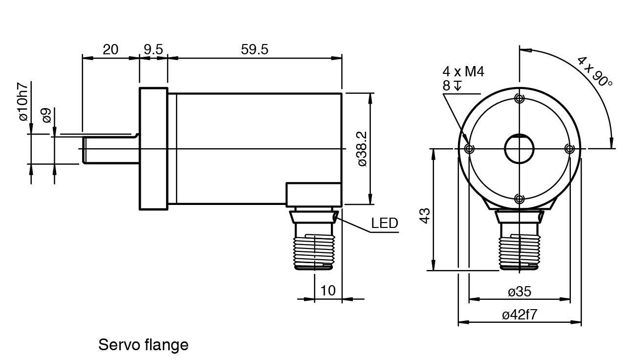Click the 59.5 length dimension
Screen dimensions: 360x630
(x=255, y=49)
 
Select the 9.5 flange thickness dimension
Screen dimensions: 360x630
(x=153, y=49)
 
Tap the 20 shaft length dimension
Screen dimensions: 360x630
(x=110, y=49)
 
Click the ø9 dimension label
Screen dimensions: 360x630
(x=46, y=116)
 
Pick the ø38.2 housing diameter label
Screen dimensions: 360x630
(x=362, y=149)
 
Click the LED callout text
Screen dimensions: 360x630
(x=385, y=224)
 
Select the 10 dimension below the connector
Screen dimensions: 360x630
(x=328, y=291)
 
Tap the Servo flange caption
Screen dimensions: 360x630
(x=143, y=345)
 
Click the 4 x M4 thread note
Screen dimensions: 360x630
(x=463, y=72)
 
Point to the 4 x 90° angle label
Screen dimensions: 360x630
(x=595, y=71)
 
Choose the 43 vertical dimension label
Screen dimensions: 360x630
(x=425, y=216)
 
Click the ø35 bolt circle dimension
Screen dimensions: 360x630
(x=519, y=292)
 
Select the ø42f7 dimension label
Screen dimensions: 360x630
(x=519, y=315)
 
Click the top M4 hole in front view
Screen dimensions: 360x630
(x=520, y=99)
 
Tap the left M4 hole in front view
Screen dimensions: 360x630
(x=470, y=149)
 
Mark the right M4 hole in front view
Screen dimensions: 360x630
(x=569, y=149)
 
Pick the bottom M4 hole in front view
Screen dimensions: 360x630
(x=520, y=199)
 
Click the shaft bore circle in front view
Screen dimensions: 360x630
(x=519, y=148)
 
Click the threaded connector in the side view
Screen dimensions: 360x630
(x=313, y=245)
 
